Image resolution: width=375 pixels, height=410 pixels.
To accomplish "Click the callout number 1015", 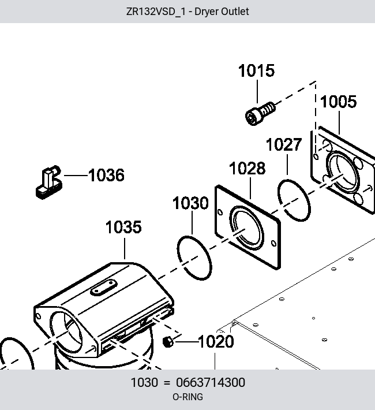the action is click(256, 70).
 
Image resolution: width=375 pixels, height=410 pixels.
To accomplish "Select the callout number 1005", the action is click(339, 102).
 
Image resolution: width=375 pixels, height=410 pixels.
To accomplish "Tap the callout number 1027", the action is click(284, 144).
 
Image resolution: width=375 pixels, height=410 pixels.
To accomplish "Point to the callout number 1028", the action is click(247, 168).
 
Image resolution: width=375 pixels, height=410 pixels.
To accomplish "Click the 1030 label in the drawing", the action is click(191, 203).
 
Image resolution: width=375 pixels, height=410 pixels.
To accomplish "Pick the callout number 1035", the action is click(123, 227).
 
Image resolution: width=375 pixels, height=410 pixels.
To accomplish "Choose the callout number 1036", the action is click(106, 175).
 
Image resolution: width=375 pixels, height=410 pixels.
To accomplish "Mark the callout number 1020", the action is click(216, 342).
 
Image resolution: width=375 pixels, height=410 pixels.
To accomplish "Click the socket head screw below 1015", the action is click(260, 114).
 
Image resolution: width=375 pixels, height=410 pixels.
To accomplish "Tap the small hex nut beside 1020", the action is click(168, 342).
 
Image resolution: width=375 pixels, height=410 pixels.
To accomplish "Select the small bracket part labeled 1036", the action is click(49, 182).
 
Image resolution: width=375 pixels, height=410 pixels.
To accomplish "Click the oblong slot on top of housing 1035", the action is click(104, 288).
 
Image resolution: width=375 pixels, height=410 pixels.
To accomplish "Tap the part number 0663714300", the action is click(211, 382).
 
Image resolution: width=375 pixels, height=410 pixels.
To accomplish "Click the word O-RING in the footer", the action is click(187, 397).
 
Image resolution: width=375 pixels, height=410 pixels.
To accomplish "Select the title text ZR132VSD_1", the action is click(156, 12).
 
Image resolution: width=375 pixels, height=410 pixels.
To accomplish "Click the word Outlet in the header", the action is click(235, 12).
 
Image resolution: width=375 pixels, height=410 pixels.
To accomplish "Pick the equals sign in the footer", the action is click(167, 383).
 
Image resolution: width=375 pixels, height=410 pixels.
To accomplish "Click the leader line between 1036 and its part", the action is click(76, 175).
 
